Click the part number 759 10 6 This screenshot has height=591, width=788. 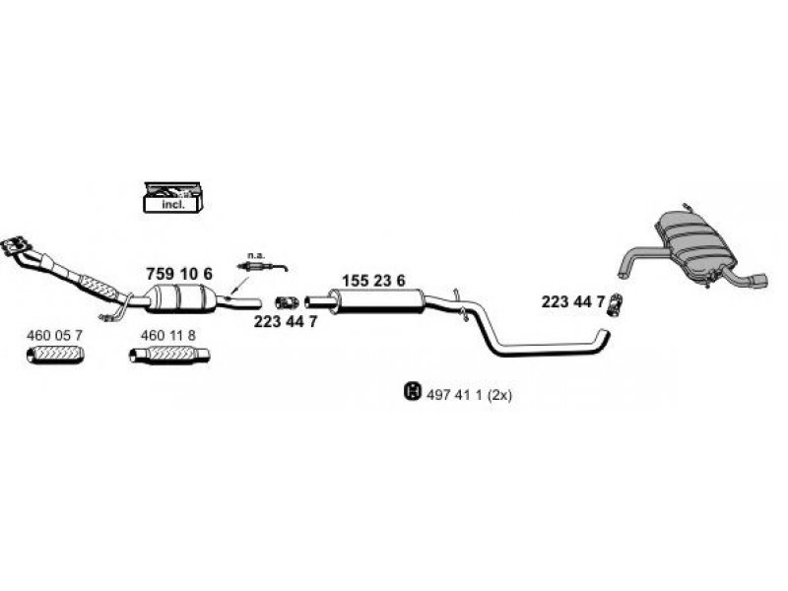pyautogui.click(x=179, y=274)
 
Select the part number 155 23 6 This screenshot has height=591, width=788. pyautogui.click(x=373, y=281)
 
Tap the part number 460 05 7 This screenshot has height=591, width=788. pyautogui.click(x=54, y=335)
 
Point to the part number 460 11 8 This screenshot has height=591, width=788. pyautogui.click(x=168, y=335)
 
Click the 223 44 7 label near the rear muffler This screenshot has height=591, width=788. pyautogui.click(x=573, y=301)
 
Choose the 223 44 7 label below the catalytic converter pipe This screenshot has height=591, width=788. pyautogui.click(x=286, y=322)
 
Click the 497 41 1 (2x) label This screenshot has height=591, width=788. pyautogui.click(x=469, y=396)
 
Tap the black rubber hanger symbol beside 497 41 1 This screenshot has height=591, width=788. pyautogui.click(x=412, y=391)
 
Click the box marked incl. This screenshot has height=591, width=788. pyautogui.click(x=173, y=197)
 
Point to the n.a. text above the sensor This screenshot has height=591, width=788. pyautogui.click(x=255, y=255)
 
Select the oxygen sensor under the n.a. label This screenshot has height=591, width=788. pyautogui.click(x=262, y=266)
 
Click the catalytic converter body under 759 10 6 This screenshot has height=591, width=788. pyautogui.click(x=181, y=298)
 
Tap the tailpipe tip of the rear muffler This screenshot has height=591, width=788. pyautogui.click(x=759, y=281)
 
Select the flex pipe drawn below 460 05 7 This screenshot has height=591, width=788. pyautogui.click(x=55, y=355)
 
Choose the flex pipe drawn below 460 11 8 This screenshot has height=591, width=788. pyautogui.click(x=169, y=355)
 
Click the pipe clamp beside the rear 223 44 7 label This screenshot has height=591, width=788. pyautogui.click(x=615, y=304)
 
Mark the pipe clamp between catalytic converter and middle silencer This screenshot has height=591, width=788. pyautogui.click(x=287, y=302)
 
